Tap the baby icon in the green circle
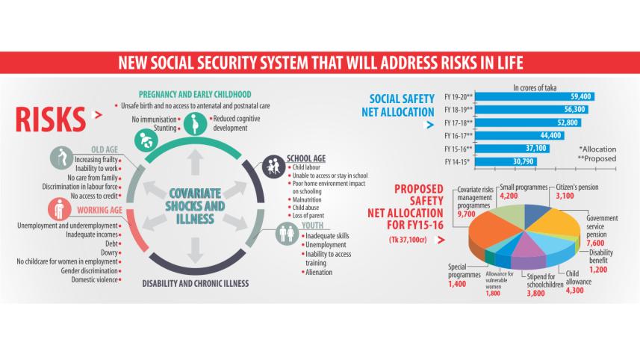[144, 139]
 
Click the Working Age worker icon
[60, 211]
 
